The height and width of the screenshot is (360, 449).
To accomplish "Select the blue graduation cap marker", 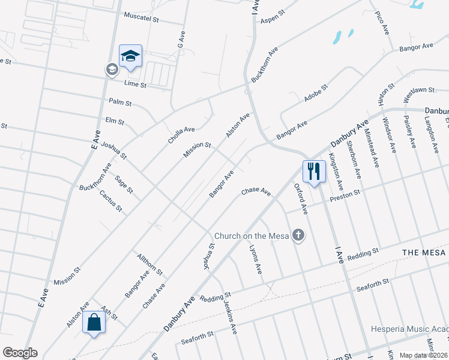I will click(130, 56).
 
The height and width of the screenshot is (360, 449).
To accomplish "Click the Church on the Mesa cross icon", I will click(298, 236).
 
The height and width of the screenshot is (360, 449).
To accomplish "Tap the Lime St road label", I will click(135, 85).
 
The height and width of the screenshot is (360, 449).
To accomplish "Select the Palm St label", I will click(120, 103).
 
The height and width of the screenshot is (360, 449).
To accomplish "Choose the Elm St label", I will click(114, 121).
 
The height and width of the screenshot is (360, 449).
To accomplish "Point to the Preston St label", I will click(348, 193).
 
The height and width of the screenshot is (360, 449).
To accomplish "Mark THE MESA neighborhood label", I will click(424, 253).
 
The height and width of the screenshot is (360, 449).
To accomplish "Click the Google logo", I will click(20, 353).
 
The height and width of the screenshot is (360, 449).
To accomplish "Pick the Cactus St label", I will click(111, 201).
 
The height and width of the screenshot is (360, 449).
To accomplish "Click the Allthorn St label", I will click(149, 264).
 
